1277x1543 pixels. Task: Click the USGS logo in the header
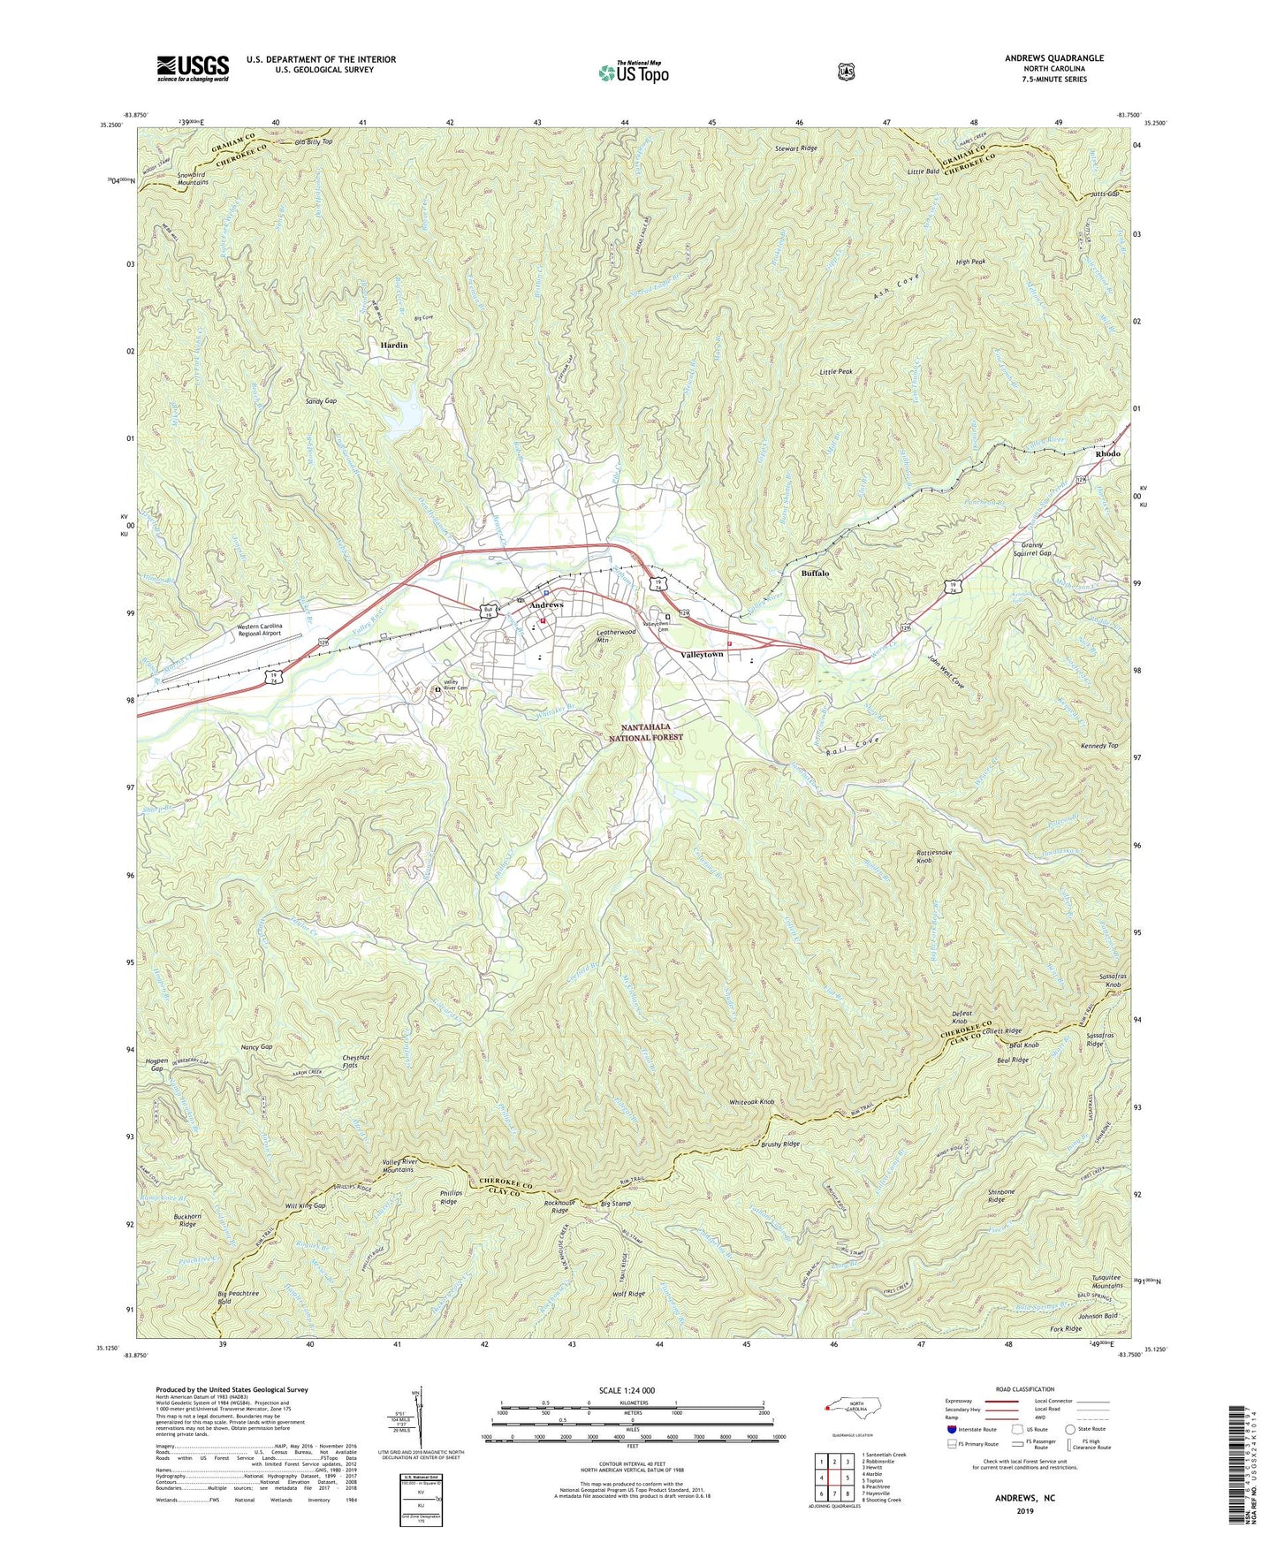[x=193, y=67]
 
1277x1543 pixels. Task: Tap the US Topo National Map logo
[x=632, y=72]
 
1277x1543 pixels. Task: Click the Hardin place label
[x=393, y=345]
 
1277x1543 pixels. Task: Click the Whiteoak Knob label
[x=751, y=1102]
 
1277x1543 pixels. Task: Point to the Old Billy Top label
[x=314, y=141]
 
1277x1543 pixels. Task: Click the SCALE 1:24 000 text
[x=627, y=1391]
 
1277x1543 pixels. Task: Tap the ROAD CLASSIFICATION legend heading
[x=1024, y=1389]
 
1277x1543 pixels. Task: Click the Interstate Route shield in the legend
[x=951, y=1429]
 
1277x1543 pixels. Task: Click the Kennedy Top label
[x=1099, y=746]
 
